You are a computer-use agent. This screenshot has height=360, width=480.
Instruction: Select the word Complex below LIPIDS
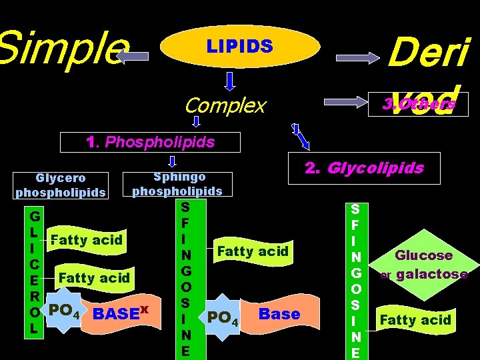225,105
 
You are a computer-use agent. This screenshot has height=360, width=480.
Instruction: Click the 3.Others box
419,104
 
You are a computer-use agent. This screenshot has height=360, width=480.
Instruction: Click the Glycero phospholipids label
61,185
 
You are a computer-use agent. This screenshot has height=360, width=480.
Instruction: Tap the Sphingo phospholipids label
177,184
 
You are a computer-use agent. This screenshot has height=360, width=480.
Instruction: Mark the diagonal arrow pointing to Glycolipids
301,138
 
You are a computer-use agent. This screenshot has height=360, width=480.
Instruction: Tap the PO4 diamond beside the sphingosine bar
223,315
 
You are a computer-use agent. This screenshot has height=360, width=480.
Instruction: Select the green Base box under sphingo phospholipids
279,314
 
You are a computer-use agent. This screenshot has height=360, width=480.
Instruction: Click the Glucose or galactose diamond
423,265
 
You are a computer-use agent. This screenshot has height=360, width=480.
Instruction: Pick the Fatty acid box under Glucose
415,321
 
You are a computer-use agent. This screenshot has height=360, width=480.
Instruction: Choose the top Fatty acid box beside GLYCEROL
86,239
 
